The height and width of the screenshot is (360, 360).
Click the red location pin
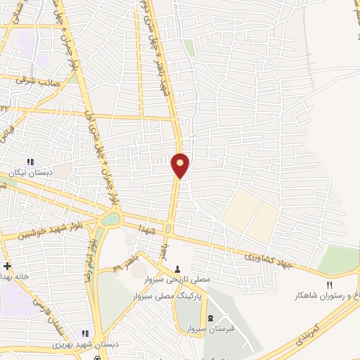[181, 165]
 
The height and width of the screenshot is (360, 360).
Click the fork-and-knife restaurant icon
[328, 284]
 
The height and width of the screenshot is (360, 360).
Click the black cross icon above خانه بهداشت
[7, 266]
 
